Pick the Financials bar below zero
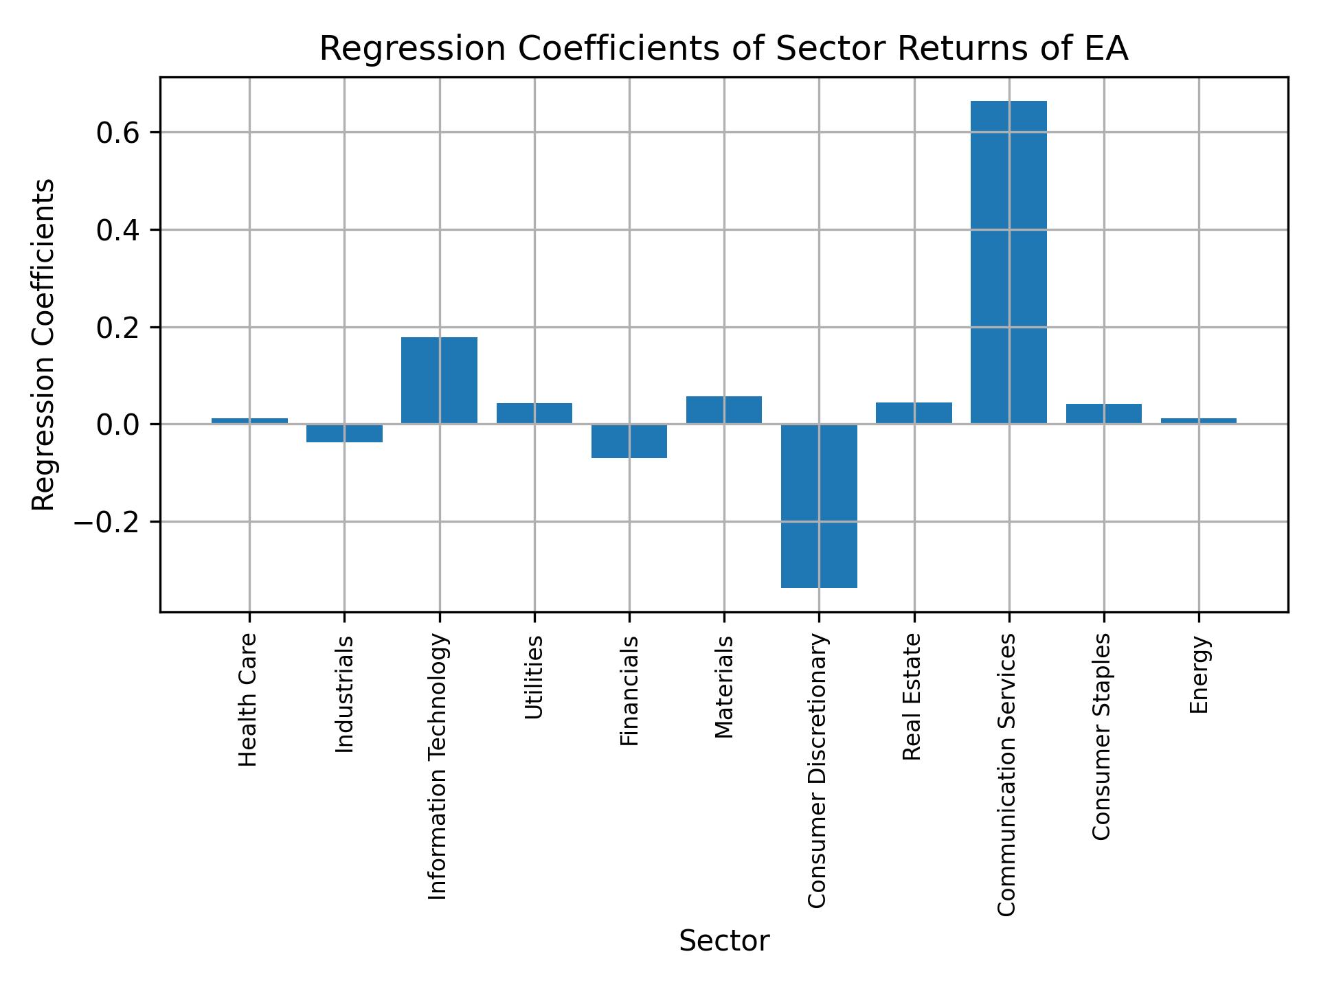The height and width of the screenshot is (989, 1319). coord(629,441)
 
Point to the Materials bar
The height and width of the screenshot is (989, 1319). coord(724,410)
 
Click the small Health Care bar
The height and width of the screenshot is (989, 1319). coord(249,420)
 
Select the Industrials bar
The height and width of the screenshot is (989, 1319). coord(344,433)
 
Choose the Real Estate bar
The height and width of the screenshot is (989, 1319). coord(914,413)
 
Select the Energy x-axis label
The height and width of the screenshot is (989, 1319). coord(1199,675)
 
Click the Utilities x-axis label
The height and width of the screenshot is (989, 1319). coord(534,677)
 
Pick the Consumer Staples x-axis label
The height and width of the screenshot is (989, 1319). coord(1102,736)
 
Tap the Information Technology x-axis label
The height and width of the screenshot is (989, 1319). coord(438,766)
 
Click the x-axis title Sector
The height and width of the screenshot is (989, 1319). coord(724,941)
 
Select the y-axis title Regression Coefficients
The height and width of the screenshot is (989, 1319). coord(44,345)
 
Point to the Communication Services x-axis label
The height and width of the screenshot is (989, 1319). coord(1007,775)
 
